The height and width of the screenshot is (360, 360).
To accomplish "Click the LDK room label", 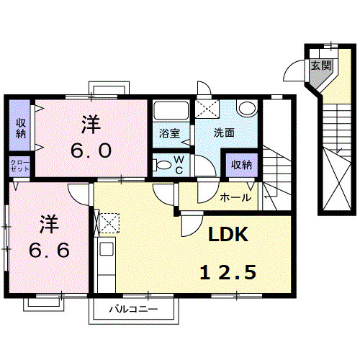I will (x=228, y=235).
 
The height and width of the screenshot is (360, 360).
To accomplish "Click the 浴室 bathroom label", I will (x=169, y=132).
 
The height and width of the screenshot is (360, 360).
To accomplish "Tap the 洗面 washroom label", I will (x=224, y=132).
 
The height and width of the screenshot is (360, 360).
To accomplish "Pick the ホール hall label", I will (x=235, y=197).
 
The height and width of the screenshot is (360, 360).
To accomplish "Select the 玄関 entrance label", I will (x=320, y=66).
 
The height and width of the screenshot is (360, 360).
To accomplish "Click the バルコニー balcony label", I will (x=133, y=310).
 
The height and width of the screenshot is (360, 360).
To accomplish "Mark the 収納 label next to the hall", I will (x=241, y=164).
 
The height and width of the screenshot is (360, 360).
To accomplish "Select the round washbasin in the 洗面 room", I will (x=248, y=109).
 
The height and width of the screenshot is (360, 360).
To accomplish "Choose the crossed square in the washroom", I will (x=211, y=111).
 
